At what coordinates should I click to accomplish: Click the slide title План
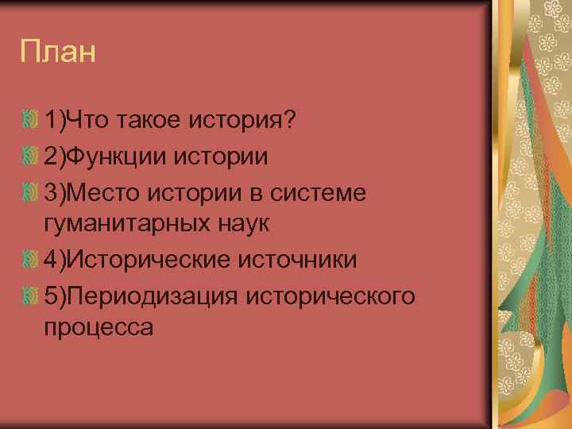[x=59, y=52]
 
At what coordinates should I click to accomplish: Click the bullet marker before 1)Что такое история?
[x=30, y=121]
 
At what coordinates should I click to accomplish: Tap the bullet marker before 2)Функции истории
[x=30, y=156]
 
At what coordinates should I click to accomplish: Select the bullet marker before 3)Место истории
[x=30, y=191]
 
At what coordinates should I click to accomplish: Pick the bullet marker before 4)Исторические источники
[x=30, y=260]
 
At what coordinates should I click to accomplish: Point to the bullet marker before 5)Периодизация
[x=30, y=295]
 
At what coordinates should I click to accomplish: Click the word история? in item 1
[x=243, y=121]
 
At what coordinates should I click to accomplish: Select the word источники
[x=301, y=260]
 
